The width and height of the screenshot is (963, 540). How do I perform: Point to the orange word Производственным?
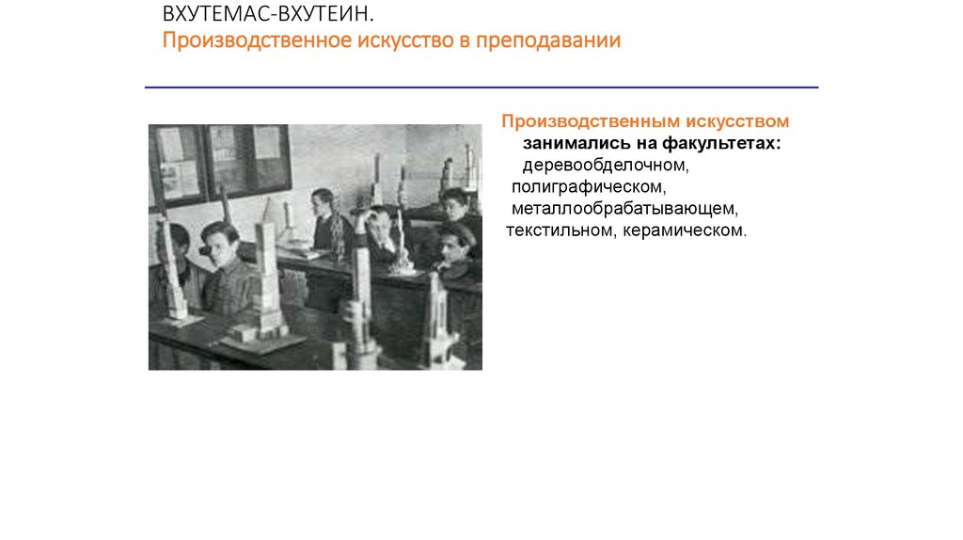(570, 122)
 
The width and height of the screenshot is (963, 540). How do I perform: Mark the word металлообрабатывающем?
(622, 208)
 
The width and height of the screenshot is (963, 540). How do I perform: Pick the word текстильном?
(557, 230)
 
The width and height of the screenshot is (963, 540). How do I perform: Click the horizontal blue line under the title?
(481, 87)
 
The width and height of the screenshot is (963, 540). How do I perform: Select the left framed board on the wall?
(177, 164)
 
